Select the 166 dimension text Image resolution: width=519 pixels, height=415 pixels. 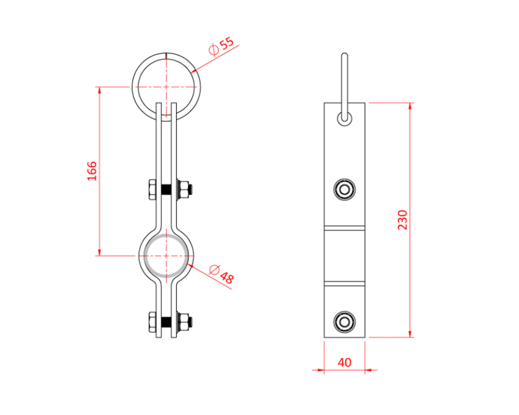click(x=92, y=171)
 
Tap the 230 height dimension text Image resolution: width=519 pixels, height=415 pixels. click(x=403, y=220)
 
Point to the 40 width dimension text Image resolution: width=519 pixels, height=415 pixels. click(x=344, y=362)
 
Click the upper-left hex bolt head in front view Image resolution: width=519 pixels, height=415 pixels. click(x=152, y=189)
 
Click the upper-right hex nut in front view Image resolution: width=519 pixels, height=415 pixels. click(x=184, y=189)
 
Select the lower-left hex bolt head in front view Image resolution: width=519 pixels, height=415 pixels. click(x=152, y=322)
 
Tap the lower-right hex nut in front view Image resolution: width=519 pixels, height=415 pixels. click(x=184, y=322)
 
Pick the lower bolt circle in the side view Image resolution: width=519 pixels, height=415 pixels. click(x=344, y=322)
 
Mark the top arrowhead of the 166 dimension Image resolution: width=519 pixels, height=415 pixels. click(x=100, y=90)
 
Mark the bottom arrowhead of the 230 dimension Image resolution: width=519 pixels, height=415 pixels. click(x=410, y=334)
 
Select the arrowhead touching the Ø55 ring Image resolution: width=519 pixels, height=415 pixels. click(x=194, y=71)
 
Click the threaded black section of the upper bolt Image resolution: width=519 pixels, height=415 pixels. click(x=166, y=190)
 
